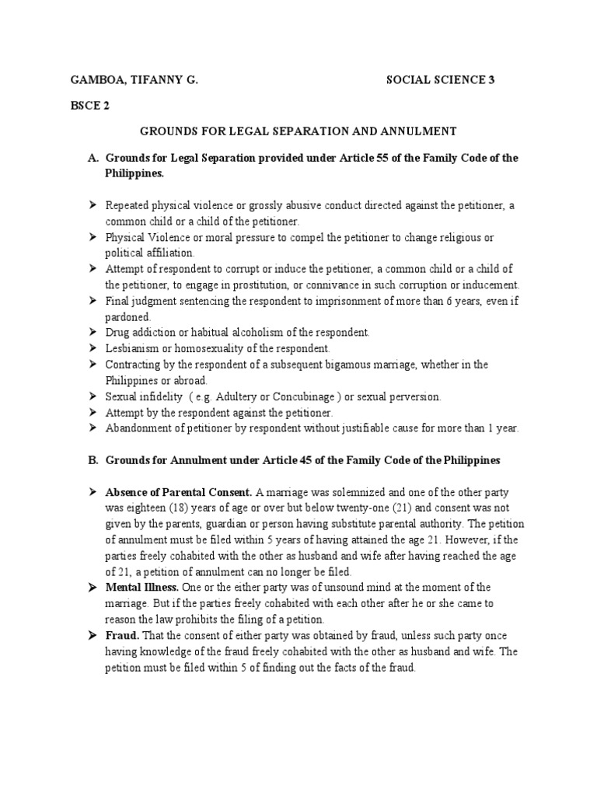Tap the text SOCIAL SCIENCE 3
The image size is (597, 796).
[440, 79]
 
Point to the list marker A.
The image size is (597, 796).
[93, 158]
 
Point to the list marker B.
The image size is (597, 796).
[93, 459]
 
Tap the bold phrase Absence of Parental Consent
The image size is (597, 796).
[178, 492]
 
